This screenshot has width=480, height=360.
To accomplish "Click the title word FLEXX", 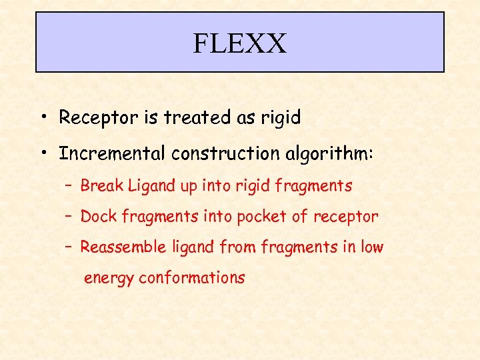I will (x=239, y=44).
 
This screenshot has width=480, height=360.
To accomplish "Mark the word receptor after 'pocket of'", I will (x=346, y=217).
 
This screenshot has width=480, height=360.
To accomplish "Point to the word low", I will (x=373, y=247).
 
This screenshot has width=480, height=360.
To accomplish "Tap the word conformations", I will (x=192, y=278).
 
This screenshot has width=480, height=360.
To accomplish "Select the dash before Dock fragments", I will (x=69, y=217).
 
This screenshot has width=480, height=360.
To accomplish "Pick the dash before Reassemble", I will (x=69, y=247).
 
